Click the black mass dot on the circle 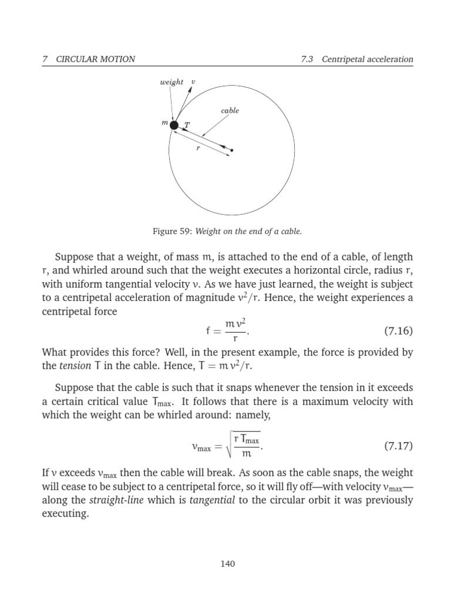[x=174, y=125]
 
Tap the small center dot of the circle [x=232, y=150]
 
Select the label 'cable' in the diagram [x=230, y=111]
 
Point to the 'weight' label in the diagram [x=171, y=82]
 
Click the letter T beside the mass [x=187, y=125]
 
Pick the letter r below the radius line [x=198, y=149]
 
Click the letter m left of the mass [x=165, y=123]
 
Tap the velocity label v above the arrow [x=194, y=82]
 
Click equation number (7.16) [x=399, y=331]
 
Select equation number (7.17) [x=399, y=446]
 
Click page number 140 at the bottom [x=227, y=564]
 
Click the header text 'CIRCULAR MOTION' [x=96, y=59]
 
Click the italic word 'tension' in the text [x=72, y=366]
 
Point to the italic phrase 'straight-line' [x=113, y=500]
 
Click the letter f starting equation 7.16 [x=208, y=331]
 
